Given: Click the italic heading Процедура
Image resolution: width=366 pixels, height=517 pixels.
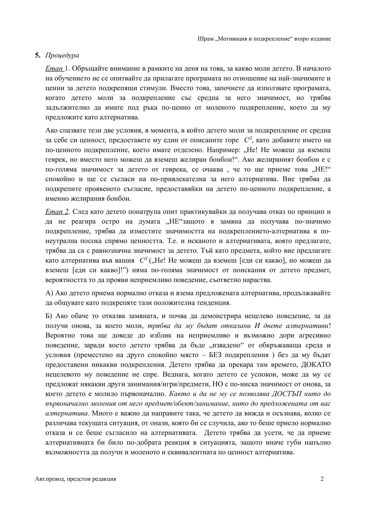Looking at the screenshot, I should [x=62, y=56].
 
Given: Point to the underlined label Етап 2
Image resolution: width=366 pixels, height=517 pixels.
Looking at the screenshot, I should [x=57, y=212].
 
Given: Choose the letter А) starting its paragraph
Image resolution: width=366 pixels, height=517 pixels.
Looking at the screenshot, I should [x=49, y=293].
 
